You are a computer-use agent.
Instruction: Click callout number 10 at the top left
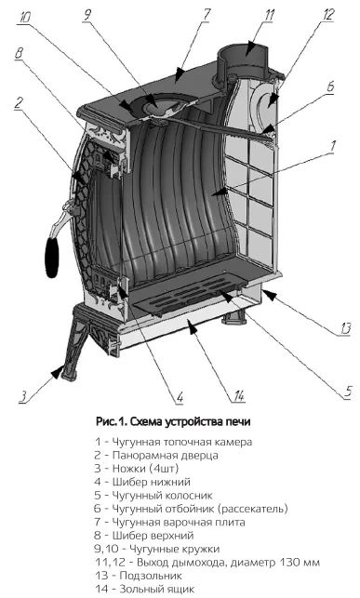[25, 18]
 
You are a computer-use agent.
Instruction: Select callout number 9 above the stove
[87, 14]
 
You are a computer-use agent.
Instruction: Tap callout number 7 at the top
[207, 14]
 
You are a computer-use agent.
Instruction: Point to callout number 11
[269, 15]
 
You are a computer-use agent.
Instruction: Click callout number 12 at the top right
[327, 15]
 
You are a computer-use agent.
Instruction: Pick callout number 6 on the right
[330, 86]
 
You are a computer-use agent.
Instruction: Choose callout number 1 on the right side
[332, 146]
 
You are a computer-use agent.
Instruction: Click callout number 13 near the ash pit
[345, 328]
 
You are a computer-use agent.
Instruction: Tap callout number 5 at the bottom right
[348, 392]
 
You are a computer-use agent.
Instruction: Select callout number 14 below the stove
[239, 396]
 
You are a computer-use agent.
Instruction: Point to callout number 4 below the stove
[180, 397]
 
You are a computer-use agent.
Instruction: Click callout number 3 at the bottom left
[23, 395]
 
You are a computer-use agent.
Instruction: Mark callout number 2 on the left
[19, 103]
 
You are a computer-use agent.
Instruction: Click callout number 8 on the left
[19, 53]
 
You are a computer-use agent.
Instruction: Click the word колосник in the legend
[189, 496]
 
